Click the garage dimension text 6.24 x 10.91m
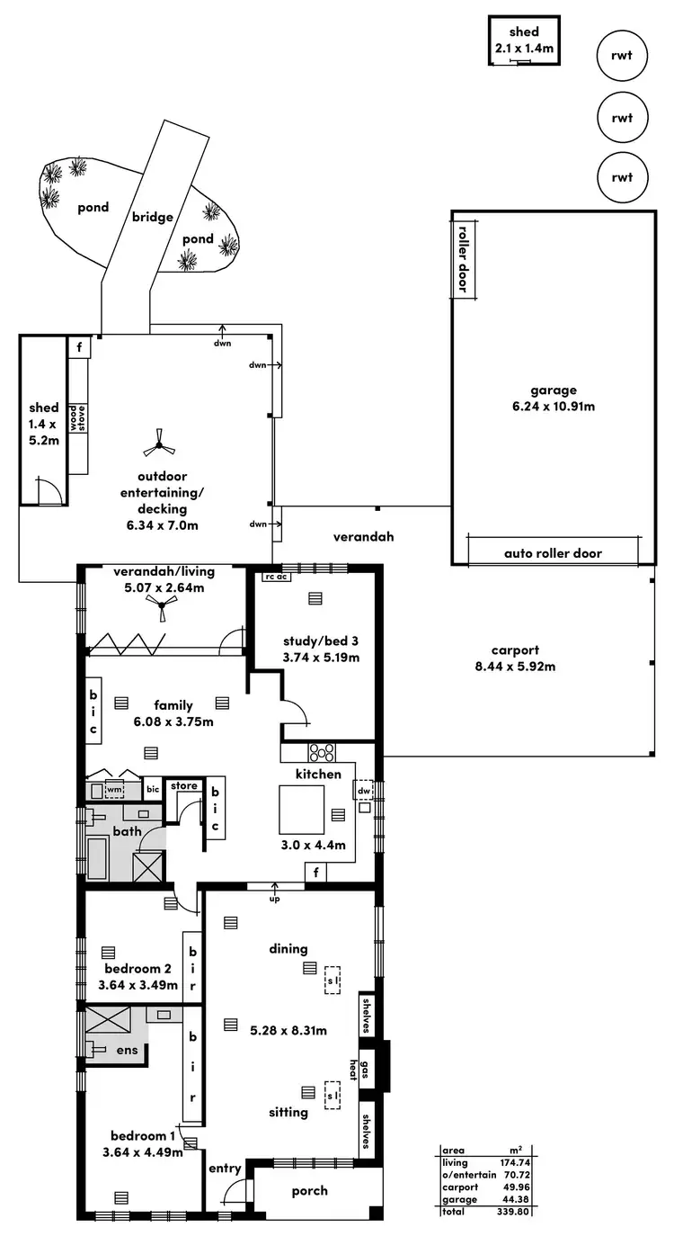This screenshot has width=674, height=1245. pos(553,406)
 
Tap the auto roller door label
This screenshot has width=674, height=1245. pos(553,553)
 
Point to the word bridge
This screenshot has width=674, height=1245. pos(152,217)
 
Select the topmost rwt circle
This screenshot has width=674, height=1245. pos(622,56)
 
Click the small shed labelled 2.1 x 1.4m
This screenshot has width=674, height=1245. pos(526,40)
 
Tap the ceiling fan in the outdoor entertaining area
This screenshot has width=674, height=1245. pos(159,440)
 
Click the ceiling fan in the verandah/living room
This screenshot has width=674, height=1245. pos(162,611)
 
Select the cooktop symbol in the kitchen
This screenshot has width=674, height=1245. pos(322,752)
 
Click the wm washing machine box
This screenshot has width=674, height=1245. pos(113,790)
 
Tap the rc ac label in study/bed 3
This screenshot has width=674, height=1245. pos(274,577)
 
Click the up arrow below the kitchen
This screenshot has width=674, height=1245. pos(274,893)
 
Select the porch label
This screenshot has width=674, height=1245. pos(310,1191)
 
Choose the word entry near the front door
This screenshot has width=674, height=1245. pos(225,1169)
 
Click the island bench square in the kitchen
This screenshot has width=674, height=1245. pos(301,809)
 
